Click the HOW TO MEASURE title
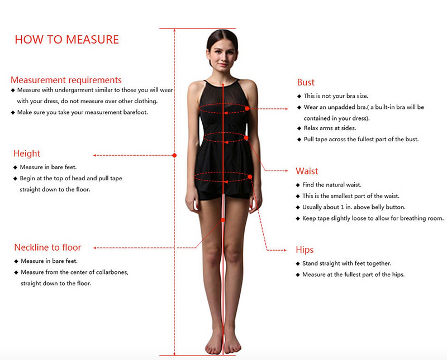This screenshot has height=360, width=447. [66, 39]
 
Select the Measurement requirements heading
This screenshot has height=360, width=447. [66, 80]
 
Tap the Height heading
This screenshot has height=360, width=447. [26, 153]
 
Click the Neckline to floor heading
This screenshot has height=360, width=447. [47, 247]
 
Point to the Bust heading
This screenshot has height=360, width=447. [306, 82]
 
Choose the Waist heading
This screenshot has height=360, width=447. [307, 171]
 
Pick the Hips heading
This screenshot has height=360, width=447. [305, 250]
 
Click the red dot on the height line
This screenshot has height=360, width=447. [174, 155]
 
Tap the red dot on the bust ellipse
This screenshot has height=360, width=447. [247, 108]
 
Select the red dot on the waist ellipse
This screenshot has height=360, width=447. [246, 138]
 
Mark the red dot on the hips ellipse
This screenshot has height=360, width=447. [250, 177]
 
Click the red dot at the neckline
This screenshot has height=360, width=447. [223, 85]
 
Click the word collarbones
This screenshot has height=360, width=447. [112, 272]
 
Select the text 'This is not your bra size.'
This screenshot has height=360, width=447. [336, 96]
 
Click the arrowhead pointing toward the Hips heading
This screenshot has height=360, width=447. [284, 250]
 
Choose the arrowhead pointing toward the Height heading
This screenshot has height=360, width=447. [95, 155]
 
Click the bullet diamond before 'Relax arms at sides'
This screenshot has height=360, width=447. [299, 128]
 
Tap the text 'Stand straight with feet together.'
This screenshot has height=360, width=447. [346, 263]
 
